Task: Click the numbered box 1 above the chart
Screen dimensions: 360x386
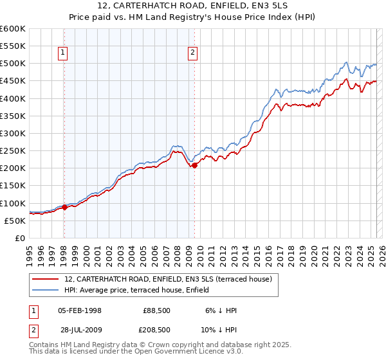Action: [64, 53]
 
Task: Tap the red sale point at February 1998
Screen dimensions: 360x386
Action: [64, 207]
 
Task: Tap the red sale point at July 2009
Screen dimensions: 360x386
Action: [195, 165]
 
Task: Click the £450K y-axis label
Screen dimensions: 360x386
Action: [13, 81]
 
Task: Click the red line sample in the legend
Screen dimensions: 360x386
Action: [46, 279]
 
